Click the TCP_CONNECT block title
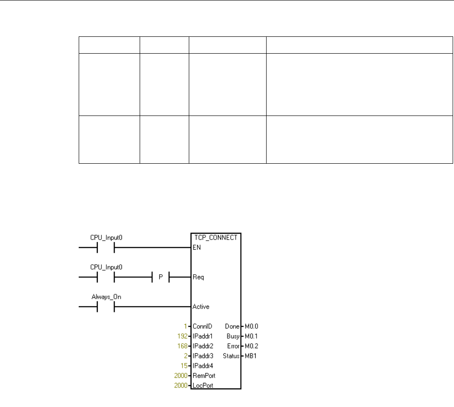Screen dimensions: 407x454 (x=215, y=238)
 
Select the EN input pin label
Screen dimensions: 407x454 (x=197, y=248)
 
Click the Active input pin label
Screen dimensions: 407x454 (x=201, y=307)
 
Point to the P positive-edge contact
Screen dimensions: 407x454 (x=160, y=277)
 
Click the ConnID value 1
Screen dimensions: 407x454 (x=186, y=327)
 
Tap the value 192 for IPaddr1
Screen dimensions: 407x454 (x=182, y=336)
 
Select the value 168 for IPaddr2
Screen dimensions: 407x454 (x=182, y=346)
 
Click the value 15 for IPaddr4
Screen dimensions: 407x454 (x=184, y=366)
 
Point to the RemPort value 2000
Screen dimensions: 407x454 (x=181, y=376)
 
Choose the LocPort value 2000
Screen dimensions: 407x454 (x=181, y=386)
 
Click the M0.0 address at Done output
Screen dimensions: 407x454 (x=251, y=327)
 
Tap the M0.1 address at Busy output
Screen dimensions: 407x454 (x=251, y=336)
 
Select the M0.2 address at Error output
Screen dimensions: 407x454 (x=251, y=346)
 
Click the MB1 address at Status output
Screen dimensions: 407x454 (x=250, y=356)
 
